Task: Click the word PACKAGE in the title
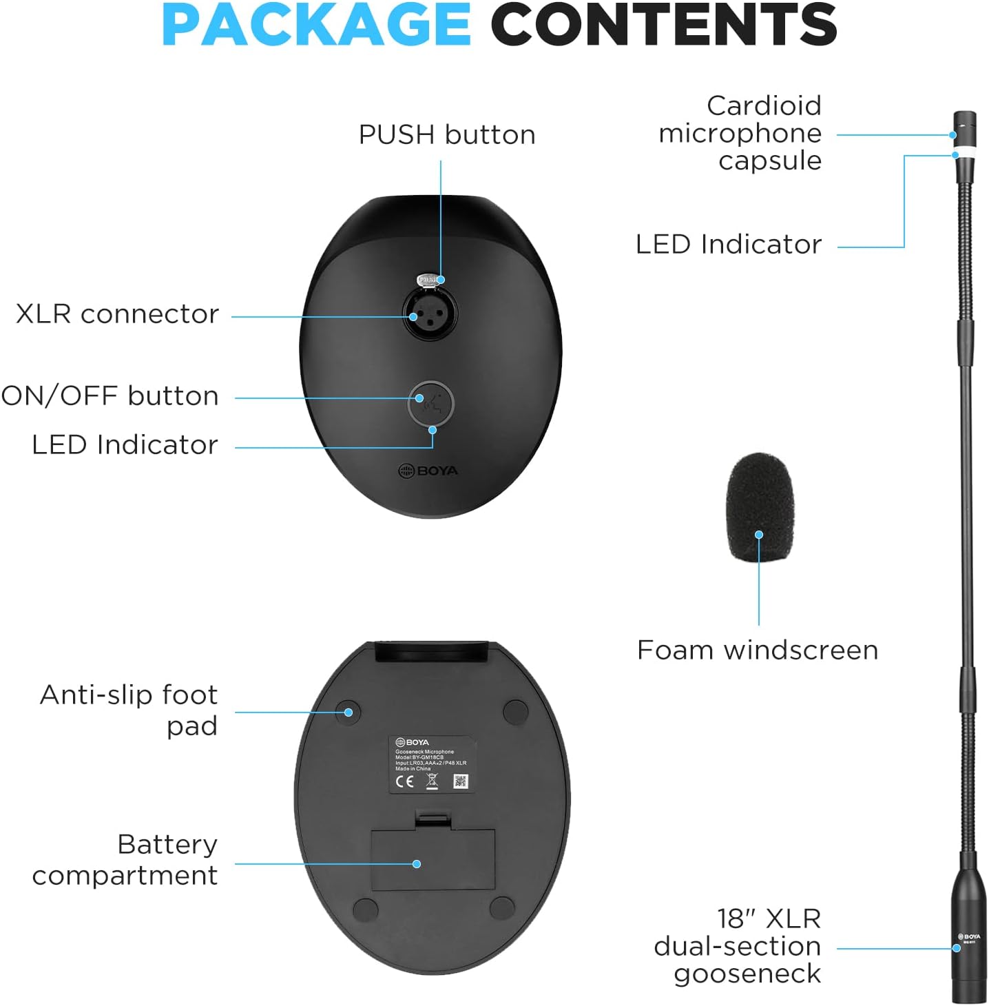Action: (x=316, y=25)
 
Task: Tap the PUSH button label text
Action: (x=447, y=135)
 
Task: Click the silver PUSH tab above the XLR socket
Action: (x=428, y=280)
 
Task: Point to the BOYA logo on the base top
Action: (x=428, y=471)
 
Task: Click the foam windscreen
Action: (x=760, y=506)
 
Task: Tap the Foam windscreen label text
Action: (x=758, y=650)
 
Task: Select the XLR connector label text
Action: (x=117, y=314)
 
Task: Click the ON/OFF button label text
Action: (x=110, y=396)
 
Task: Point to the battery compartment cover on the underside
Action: (x=433, y=859)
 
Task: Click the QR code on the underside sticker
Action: (x=461, y=781)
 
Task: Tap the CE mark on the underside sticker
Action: (x=404, y=781)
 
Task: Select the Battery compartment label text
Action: (x=125, y=859)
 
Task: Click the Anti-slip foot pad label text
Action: (x=129, y=710)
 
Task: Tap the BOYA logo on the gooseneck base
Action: (x=969, y=937)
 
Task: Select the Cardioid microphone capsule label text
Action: (x=740, y=133)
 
